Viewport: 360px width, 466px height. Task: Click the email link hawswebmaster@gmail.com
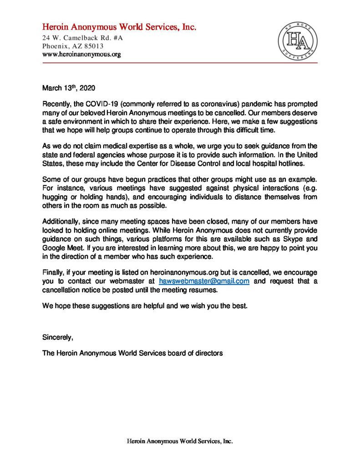point(204,281)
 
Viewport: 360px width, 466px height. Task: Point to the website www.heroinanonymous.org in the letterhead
point(81,55)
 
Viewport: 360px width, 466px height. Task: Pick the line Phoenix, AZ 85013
point(73,46)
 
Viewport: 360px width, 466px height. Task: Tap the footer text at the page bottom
point(179,441)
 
